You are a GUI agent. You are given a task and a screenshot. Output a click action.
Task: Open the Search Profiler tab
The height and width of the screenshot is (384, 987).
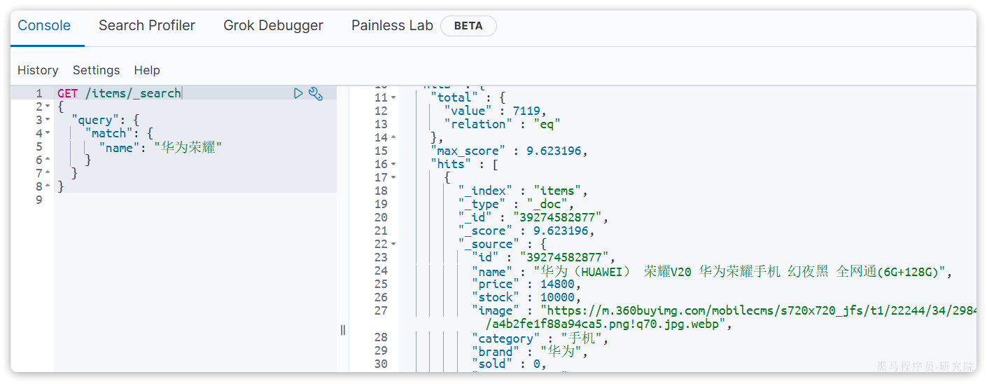[x=147, y=26]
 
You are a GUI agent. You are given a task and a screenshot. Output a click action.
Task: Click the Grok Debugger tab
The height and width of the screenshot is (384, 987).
[x=273, y=26]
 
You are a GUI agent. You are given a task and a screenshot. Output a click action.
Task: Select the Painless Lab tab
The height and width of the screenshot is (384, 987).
[x=392, y=26]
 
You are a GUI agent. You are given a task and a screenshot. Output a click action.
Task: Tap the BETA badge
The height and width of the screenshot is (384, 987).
[x=468, y=26]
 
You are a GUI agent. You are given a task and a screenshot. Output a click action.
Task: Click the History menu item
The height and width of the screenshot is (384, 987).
[x=38, y=70]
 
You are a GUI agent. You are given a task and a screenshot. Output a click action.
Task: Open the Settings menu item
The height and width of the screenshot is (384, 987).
[x=96, y=70]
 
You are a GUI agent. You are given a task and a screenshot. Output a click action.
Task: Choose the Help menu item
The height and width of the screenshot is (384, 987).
[x=147, y=70]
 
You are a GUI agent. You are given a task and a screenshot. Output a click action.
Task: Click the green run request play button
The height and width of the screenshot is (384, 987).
[x=298, y=93]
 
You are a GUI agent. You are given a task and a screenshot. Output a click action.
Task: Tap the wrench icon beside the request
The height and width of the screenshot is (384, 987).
[x=316, y=93]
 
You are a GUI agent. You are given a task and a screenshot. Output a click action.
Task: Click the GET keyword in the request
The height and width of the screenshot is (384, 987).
[x=68, y=93]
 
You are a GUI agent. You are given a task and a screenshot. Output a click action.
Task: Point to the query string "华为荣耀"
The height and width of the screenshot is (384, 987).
[x=188, y=147]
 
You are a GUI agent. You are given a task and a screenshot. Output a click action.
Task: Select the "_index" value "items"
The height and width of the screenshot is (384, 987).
[x=559, y=191]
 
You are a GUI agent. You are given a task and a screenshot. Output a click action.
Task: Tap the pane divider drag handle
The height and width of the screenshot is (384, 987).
[x=343, y=329]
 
